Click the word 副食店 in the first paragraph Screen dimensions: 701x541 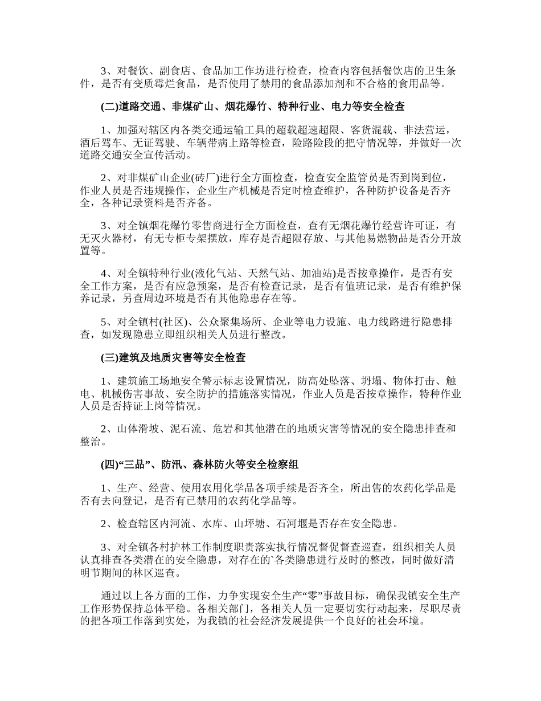(174, 71)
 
